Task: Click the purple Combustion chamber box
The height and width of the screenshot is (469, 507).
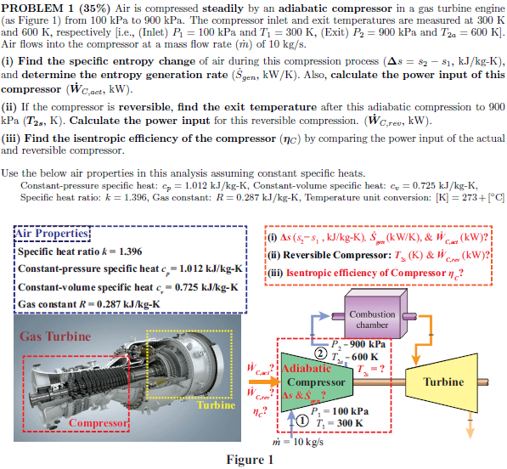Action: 372,319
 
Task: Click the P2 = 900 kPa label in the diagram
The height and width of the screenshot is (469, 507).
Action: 360,344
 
